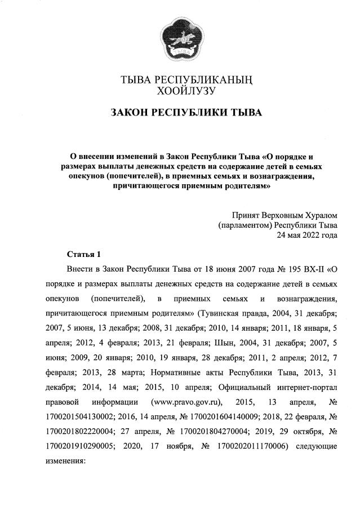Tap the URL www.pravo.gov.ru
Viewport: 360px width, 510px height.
[x=186, y=402]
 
